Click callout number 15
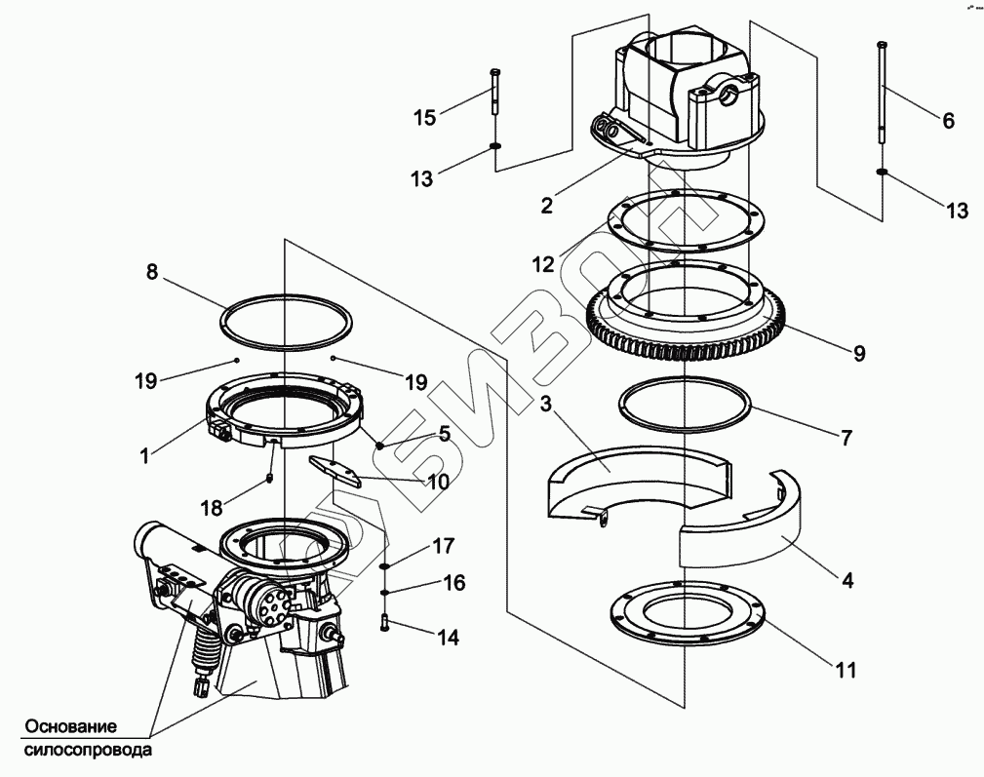[x=424, y=118]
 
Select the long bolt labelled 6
[x=882, y=97]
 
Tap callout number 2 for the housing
[x=547, y=205]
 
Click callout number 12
[x=543, y=263]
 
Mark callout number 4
[x=847, y=580]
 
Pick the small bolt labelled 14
[x=385, y=620]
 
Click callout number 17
[x=445, y=546]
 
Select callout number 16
[x=454, y=583]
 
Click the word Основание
[x=71, y=727]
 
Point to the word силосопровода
[x=88, y=752]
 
